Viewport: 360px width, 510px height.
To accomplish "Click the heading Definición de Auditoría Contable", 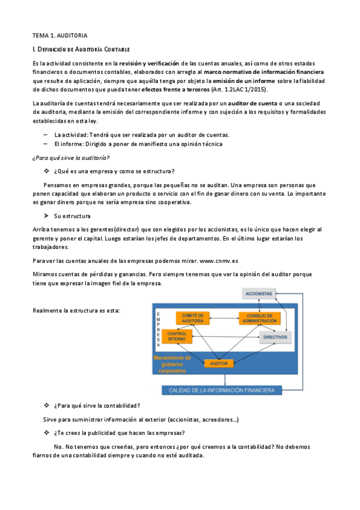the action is (81, 49).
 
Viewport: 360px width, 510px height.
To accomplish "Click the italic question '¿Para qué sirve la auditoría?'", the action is (70, 158).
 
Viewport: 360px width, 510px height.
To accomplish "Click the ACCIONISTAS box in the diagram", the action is (258, 293).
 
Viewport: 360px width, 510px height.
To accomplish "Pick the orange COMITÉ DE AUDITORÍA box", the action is (192, 318).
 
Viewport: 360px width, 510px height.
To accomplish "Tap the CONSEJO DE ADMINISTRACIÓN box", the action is (259, 318).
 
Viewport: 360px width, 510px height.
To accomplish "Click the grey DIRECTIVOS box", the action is (275, 337).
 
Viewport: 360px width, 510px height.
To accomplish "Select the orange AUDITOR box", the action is (218, 363).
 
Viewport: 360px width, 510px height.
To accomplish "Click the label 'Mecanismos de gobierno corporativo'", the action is (172, 363).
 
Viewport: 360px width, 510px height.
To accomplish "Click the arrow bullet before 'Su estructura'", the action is (46, 215).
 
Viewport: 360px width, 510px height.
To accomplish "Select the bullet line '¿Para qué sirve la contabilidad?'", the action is (96, 405).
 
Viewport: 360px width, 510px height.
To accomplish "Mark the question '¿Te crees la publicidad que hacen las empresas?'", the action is (119, 432).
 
